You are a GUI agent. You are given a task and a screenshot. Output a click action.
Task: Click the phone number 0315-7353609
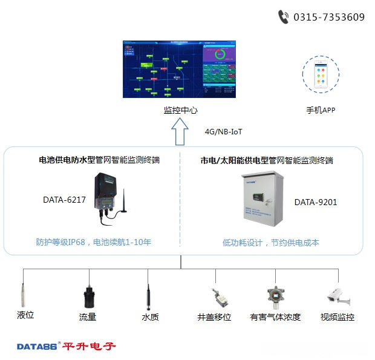329,17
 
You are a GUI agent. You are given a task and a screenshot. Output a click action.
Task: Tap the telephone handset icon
283,17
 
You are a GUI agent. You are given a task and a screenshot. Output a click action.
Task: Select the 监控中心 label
180,111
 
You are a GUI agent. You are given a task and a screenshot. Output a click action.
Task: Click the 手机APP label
321,110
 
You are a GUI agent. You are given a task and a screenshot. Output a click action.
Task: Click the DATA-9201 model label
316,202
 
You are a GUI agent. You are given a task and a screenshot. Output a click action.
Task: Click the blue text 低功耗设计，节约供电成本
270,243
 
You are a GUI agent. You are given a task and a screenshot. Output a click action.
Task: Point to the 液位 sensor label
25,315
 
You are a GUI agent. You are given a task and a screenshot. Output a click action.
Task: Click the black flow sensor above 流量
88,296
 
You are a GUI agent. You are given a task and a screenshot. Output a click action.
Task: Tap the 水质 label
150,316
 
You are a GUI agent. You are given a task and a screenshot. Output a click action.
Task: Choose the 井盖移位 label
214,316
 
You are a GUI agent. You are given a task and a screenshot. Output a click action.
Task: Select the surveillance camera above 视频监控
336,295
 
